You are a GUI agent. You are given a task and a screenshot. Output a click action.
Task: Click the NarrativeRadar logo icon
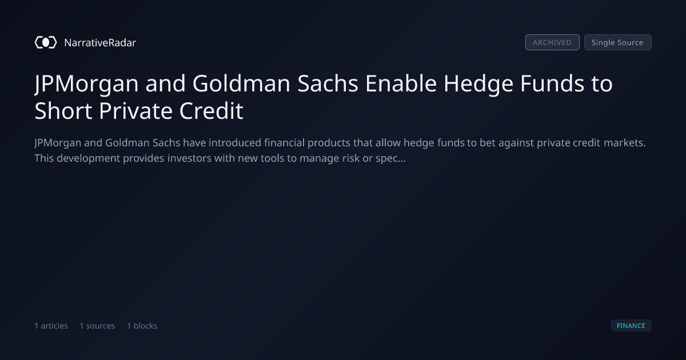[x=46, y=42]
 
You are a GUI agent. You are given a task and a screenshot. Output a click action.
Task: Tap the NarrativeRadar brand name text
[x=100, y=43]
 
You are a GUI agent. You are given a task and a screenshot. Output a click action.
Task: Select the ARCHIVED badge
[x=552, y=42]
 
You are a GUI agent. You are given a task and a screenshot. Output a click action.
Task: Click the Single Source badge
[x=618, y=42]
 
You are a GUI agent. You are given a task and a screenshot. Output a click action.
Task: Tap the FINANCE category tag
[x=631, y=325]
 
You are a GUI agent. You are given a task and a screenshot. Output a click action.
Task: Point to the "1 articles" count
[x=51, y=326]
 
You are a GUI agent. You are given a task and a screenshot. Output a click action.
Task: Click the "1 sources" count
[x=97, y=326]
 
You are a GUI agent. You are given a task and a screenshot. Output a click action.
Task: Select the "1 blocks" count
[x=142, y=326]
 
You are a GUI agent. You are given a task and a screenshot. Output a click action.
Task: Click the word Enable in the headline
[x=401, y=83]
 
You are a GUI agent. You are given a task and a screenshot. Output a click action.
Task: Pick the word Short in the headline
[x=63, y=111]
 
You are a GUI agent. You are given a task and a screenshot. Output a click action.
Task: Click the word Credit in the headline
[x=212, y=111]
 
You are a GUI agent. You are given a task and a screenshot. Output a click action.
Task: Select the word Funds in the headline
[x=552, y=83]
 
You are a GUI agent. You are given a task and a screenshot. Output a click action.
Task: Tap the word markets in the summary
[x=625, y=143]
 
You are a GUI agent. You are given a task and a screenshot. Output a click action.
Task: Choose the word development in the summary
[x=89, y=159]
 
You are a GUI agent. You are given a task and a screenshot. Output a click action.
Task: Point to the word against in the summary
[x=516, y=143]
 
